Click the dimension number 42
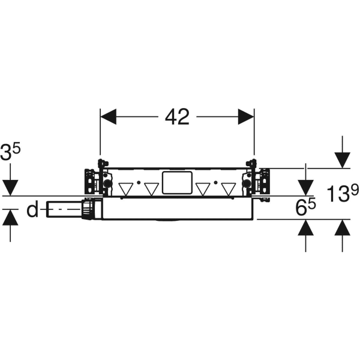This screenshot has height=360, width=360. pyautogui.click(x=177, y=117)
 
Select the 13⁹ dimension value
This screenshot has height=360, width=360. pyautogui.click(x=343, y=193)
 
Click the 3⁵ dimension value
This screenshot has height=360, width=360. pyautogui.click(x=10, y=152)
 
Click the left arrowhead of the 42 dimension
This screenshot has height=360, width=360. pyautogui.click(x=108, y=117)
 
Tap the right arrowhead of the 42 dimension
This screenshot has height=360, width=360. pyautogui.click(x=246, y=117)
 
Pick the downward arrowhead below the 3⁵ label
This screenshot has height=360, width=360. pyautogui.click(x=10, y=188)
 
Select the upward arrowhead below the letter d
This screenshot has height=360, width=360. pyautogui.click(x=10, y=218)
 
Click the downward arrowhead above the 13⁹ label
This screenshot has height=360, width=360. pyautogui.click(x=343, y=160)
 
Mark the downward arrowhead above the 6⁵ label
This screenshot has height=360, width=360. pyautogui.click(x=305, y=188)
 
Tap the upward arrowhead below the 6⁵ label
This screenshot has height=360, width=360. pyautogui.click(x=305, y=228)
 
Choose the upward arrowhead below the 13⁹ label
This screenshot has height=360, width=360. pyautogui.click(x=343, y=228)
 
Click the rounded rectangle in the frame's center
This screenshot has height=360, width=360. pyautogui.click(x=177, y=183)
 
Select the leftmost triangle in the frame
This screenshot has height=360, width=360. pyautogui.click(x=126, y=189)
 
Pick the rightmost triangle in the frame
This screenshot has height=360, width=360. pyautogui.click(x=229, y=189)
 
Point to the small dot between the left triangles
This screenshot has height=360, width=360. pyautogui.click(x=139, y=182)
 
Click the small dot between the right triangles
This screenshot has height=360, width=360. pyautogui.click(x=215, y=182)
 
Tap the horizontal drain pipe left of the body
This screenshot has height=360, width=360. pyautogui.click(x=65, y=209)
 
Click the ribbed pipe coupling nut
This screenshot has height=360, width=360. pyautogui.click(x=88, y=209)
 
